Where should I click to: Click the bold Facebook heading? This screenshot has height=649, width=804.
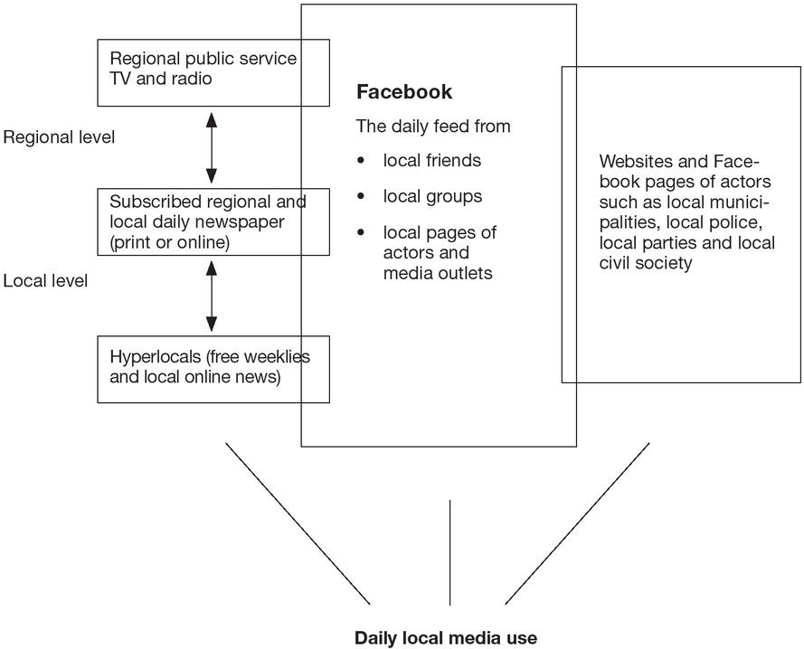point(404,92)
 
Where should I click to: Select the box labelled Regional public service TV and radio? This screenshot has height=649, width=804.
point(213,71)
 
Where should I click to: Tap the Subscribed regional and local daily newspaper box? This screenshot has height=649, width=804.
point(213,221)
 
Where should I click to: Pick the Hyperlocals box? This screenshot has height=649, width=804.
point(213,369)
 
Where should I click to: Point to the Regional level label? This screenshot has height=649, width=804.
point(59,137)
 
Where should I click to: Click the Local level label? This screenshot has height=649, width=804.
point(45,281)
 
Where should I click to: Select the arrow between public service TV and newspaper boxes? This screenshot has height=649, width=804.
point(212,147)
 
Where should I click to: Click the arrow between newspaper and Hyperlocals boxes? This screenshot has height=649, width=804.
point(212,296)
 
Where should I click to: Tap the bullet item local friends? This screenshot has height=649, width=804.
point(431,161)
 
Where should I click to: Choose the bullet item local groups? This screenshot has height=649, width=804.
point(432,196)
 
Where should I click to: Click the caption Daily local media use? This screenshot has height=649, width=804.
point(446,638)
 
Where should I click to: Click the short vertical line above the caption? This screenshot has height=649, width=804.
point(449,551)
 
